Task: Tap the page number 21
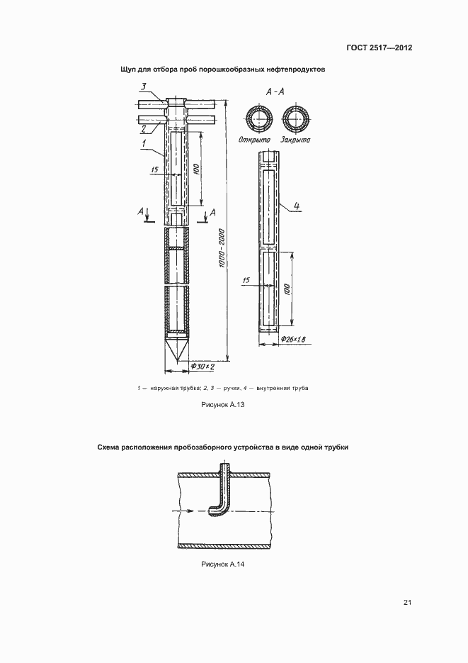click(407, 602)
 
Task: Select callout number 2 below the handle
click(143, 128)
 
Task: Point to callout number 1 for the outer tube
click(143, 144)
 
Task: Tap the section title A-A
click(275, 92)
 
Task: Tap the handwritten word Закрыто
click(295, 140)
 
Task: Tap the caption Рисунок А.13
click(223, 403)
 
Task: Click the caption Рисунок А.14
click(223, 564)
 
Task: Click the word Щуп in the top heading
click(131, 69)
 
